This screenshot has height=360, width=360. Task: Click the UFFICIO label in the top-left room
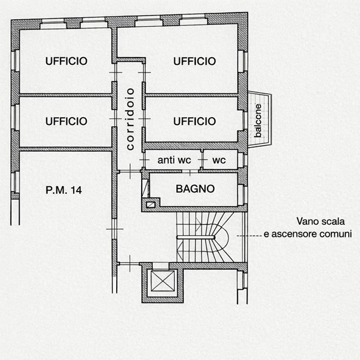67,61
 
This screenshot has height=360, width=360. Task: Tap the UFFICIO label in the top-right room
195,61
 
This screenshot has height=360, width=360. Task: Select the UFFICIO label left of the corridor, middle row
67,121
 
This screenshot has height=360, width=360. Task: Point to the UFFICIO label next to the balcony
195,121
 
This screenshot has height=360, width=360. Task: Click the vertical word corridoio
130,119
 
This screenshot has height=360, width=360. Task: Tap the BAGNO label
195,189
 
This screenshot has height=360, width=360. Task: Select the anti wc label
174,160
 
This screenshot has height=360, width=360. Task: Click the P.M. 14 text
64,190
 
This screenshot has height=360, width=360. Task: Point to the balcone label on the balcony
258,121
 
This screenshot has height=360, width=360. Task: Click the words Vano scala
321,221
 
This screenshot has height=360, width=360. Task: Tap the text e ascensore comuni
308,234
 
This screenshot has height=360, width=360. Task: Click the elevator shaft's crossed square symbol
162,280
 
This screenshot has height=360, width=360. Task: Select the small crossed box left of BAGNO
150,205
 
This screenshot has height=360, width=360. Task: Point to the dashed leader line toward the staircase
249,236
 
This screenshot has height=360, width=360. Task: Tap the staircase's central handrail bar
195,237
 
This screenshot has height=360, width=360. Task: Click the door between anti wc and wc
202,159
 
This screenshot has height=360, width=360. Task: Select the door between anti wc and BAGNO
190,172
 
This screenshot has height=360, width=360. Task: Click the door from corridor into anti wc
144,159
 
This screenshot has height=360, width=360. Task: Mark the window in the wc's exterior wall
245,160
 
